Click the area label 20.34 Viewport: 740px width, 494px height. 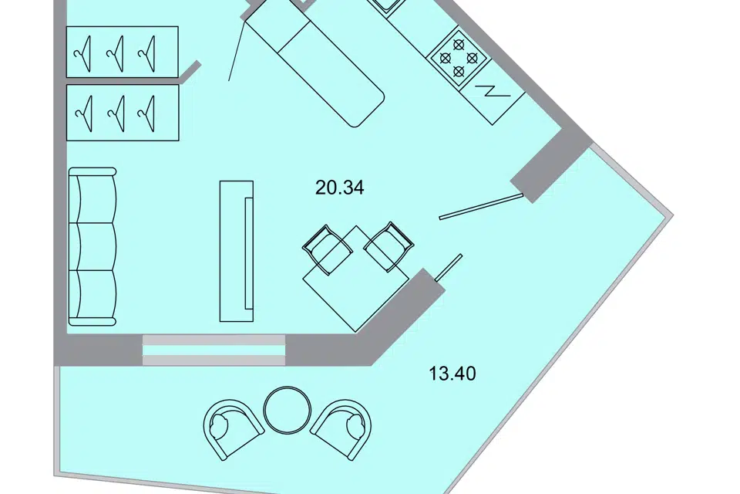pyautogui.click(x=339, y=188)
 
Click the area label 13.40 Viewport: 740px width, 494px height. pyautogui.click(x=452, y=375)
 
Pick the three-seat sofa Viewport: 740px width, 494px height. pyautogui.click(x=92, y=245)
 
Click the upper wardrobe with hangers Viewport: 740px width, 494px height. pyautogui.click(x=123, y=52)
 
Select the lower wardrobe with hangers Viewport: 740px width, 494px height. pyautogui.click(x=123, y=113)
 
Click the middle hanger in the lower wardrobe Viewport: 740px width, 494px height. pyautogui.click(x=116, y=113)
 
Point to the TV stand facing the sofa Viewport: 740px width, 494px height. pyautogui.click(x=237, y=250)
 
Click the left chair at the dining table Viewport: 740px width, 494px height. pyautogui.click(x=327, y=247)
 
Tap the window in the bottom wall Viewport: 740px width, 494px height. pyautogui.click(x=214, y=350)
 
